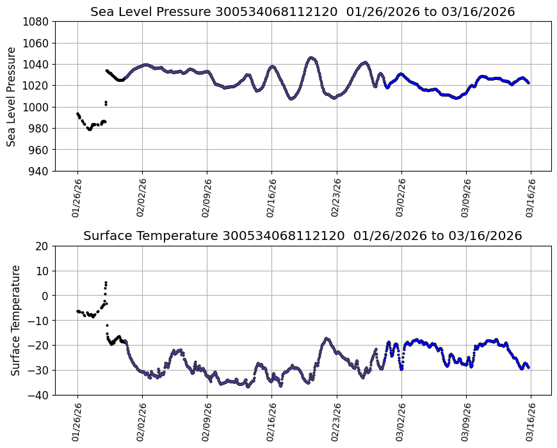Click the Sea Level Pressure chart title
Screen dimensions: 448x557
point(302,12)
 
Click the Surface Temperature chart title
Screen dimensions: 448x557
point(302,236)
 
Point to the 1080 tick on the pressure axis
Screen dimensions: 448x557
point(38,22)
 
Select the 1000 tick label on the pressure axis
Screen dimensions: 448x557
point(38,107)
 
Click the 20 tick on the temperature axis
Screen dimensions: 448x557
point(43,246)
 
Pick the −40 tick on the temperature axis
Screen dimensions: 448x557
point(40,395)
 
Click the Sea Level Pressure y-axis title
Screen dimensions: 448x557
point(12,96)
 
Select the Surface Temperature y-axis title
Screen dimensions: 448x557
point(15,320)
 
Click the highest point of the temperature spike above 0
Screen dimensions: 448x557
point(106,282)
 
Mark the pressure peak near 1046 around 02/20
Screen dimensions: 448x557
point(311,58)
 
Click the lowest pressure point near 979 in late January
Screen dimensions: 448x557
point(89,129)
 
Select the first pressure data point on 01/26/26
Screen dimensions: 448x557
point(77,113)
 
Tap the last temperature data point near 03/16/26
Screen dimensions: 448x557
point(528,367)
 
